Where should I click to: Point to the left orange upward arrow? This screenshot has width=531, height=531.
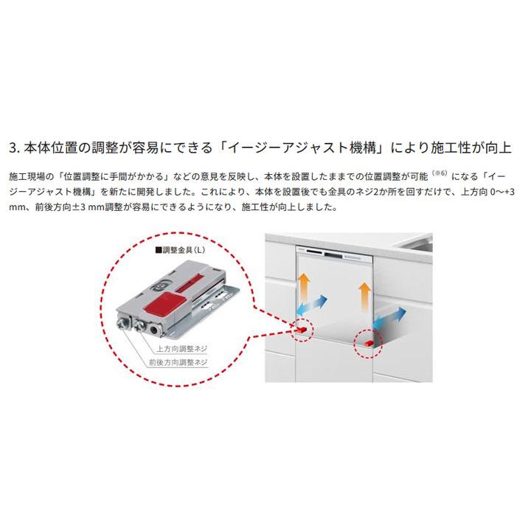tap(303, 282)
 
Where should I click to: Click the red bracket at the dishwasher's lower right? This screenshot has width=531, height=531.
tap(367, 341)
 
